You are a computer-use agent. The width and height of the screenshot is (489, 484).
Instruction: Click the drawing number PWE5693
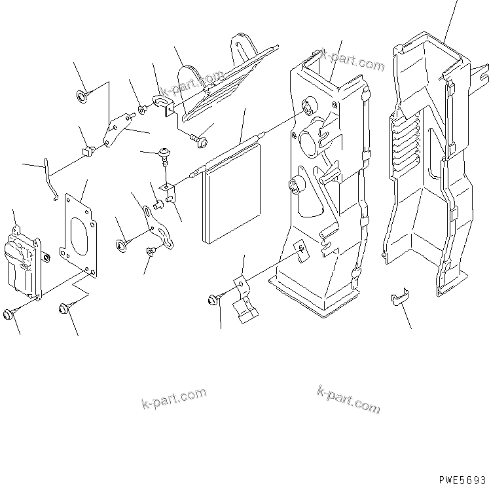pos(462,478)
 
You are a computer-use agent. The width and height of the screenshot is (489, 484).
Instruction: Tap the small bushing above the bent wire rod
pos(86,153)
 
